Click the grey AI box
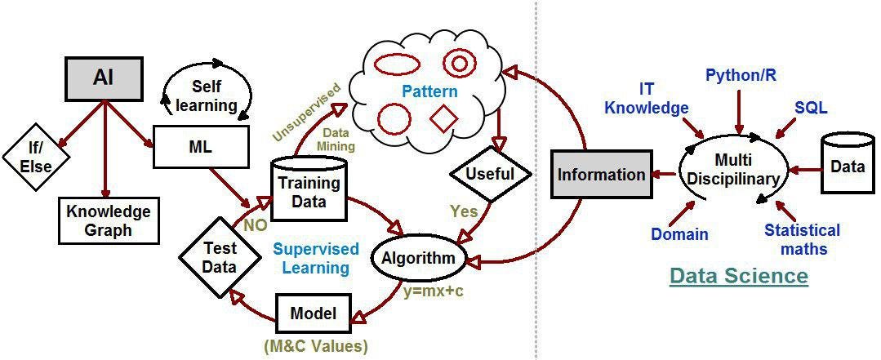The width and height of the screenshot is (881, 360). click(x=104, y=78)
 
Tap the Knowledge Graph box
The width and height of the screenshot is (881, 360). click(x=108, y=220)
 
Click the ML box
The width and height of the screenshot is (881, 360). click(x=199, y=149)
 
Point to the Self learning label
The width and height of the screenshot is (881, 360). click(x=214, y=96)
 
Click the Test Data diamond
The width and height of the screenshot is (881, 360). click(x=220, y=257)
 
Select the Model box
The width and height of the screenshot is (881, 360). click(x=314, y=314)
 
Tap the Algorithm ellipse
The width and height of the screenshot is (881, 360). click(x=420, y=258)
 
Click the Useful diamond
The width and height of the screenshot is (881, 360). click(x=490, y=174)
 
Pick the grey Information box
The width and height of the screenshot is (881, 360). click(x=601, y=175)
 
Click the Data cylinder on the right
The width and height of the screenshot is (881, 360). click(x=847, y=167)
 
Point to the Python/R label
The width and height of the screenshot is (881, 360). click(x=741, y=75)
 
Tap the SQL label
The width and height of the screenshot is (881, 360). click(x=811, y=108)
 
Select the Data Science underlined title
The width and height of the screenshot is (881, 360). click(x=738, y=277)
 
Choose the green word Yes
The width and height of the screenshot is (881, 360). click(x=464, y=211)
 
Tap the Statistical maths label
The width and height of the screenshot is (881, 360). click(x=802, y=239)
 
